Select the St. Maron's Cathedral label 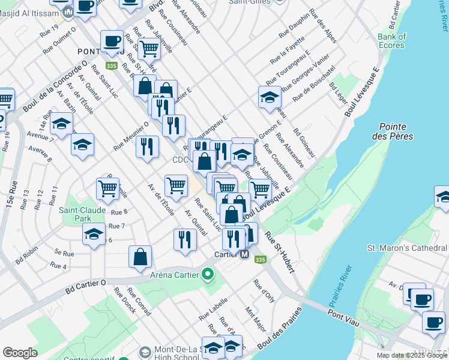pyautogui.click(x=406, y=248)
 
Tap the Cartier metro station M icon pyautogui.click(x=244, y=254)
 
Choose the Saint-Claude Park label pyautogui.click(x=82, y=214)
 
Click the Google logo pyautogui.click(x=20, y=353)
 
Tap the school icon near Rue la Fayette pyautogui.click(x=270, y=96)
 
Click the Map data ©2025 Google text pyautogui.click(x=411, y=355)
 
